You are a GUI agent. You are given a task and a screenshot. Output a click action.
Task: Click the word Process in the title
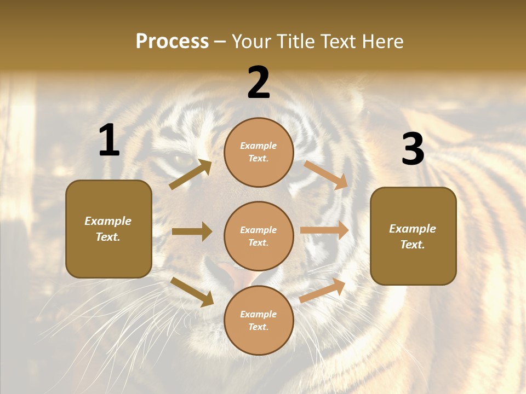(x=172, y=42)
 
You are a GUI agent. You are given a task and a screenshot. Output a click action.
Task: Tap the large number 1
(x=108, y=141)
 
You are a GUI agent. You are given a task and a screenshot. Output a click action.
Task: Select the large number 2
(x=259, y=83)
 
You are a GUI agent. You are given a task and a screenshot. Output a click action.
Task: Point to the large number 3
(x=413, y=149)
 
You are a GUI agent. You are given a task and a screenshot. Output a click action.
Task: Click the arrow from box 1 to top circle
(x=190, y=175)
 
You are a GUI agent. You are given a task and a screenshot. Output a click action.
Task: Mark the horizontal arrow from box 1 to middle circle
(x=192, y=231)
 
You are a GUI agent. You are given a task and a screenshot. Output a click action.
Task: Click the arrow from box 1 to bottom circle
(x=192, y=291)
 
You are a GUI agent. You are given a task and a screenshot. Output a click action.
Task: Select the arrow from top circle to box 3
(x=326, y=175)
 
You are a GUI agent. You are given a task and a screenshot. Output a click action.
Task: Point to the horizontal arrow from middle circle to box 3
(x=324, y=230)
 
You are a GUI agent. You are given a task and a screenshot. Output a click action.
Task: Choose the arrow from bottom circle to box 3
(x=323, y=290)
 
